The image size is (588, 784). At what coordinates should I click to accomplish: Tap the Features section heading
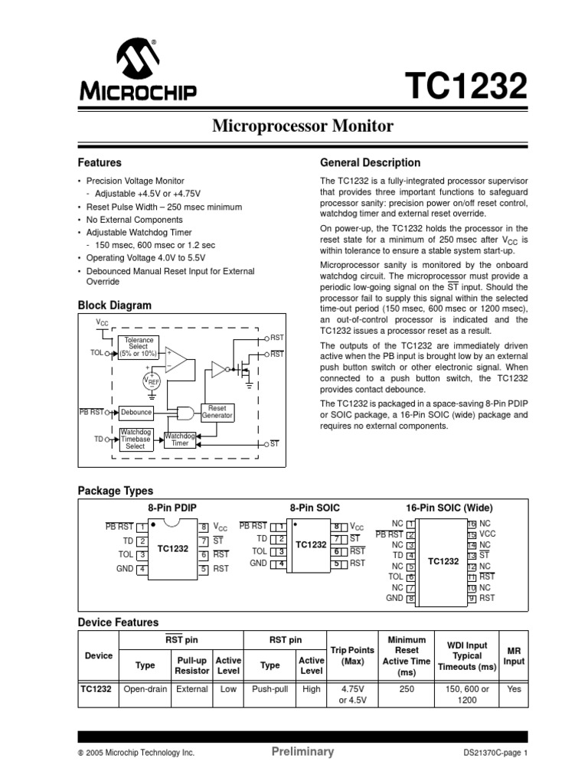click(x=100, y=163)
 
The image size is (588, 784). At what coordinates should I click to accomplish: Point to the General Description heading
click(x=370, y=163)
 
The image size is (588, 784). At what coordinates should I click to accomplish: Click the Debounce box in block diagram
click(x=136, y=412)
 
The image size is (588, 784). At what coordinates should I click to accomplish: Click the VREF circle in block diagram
click(x=152, y=381)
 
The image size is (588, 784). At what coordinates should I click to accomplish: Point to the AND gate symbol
click(x=185, y=412)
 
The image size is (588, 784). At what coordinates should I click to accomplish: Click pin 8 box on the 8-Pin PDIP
click(x=204, y=527)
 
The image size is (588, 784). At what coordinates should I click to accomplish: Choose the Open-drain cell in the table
click(x=145, y=689)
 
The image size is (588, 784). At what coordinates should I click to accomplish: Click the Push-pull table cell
click(x=269, y=689)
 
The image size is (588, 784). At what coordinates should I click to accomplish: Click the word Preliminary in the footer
click(x=303, y=752)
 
